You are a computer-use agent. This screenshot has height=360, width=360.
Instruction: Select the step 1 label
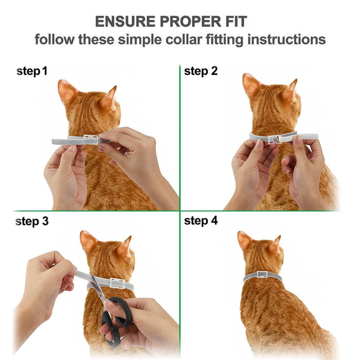pos(32,71)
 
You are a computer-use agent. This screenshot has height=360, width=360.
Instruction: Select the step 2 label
pos(201,71)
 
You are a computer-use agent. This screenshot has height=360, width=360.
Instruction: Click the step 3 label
pos(32,222)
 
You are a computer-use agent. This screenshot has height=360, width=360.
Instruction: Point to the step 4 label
pos(201,222)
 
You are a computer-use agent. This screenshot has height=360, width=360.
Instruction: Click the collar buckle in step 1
pos(91,139)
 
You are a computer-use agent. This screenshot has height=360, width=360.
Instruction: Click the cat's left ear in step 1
pos(67,92)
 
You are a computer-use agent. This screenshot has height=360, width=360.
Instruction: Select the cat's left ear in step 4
pos(244,241)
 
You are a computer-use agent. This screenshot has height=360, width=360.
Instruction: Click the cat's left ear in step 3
pos(87,241)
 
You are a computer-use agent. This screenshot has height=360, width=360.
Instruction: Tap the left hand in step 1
pos(64,172)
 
